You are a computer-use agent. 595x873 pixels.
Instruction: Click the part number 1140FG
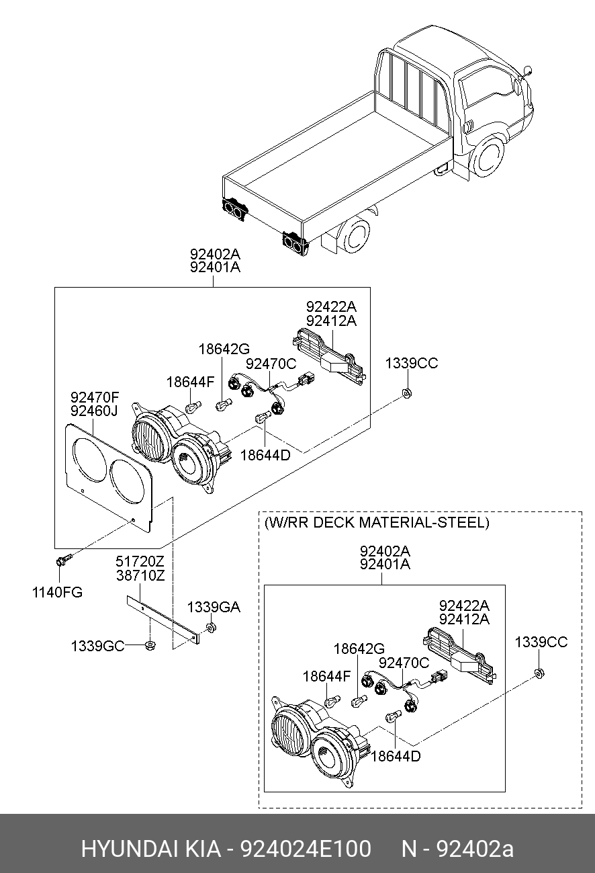(x=58, y=592)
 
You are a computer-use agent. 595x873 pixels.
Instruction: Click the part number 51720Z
(x=140, y=561)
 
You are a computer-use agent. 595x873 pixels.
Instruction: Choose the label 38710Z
(x=140, y=575)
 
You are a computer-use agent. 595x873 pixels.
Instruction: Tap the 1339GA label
(x=213, y=607)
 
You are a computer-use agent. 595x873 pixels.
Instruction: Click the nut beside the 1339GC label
(x=150, y=646)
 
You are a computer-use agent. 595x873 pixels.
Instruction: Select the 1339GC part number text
(x=98, y=646)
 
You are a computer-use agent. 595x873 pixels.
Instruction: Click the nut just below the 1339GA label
(x=210, y=628)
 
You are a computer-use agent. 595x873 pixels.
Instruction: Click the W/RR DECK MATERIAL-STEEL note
(x=377, y=522)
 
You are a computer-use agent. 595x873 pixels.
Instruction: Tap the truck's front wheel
(x=490, y=155)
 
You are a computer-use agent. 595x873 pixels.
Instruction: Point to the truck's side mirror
(x=528, y=70)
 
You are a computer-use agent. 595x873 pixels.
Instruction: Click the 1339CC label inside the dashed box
(x=541, y=642)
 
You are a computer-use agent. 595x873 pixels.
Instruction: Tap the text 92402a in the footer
(x=475, y=849)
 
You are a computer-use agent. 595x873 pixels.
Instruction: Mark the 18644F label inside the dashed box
(x=326, y=676)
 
